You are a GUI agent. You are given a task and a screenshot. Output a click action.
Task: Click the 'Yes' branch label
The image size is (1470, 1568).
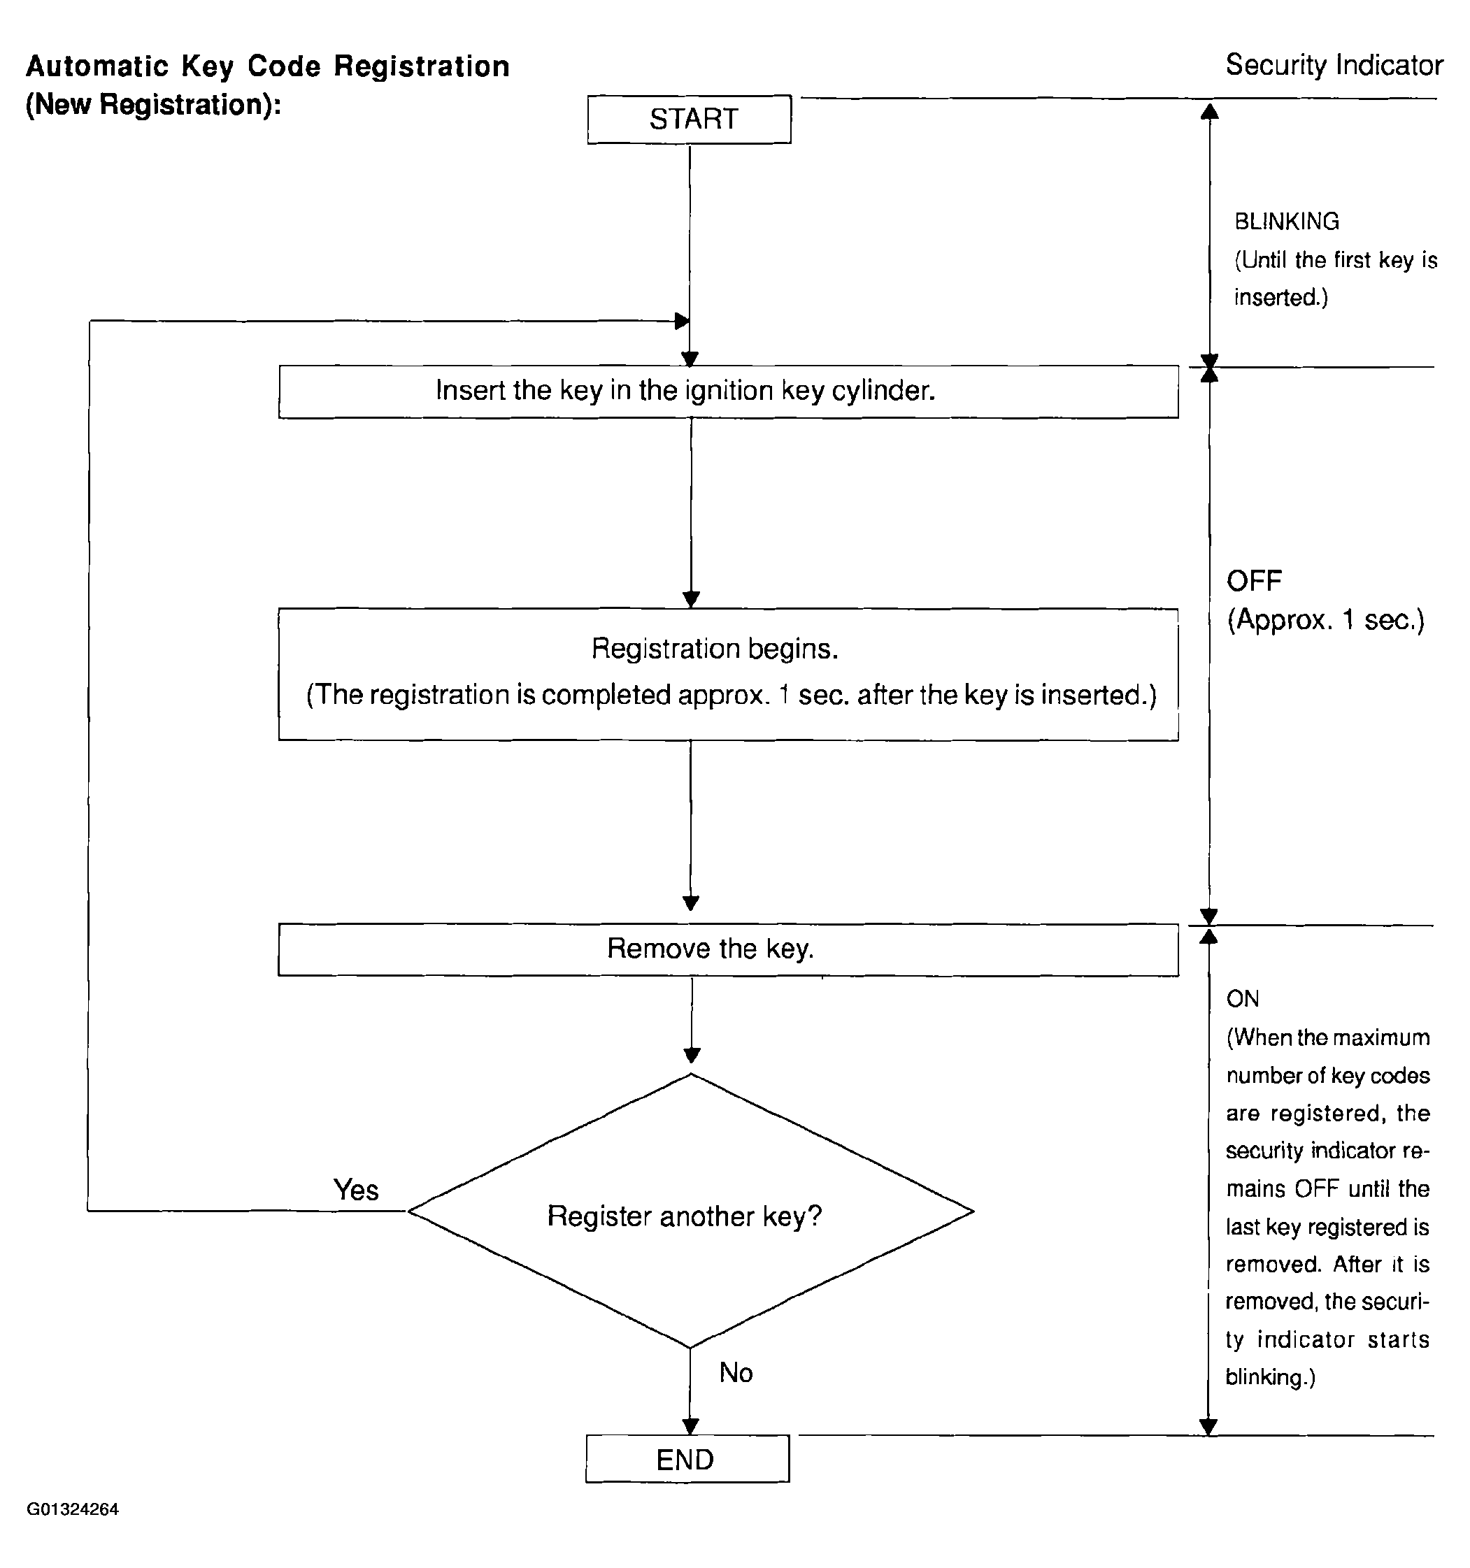pyautogui.click(x=356, y=1189)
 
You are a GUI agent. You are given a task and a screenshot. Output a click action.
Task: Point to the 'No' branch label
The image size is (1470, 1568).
pyautogui.click(x=736, y=1372)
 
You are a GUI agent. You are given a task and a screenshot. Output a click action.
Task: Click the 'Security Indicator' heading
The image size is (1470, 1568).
pyautogui.click(x=1334, y=65)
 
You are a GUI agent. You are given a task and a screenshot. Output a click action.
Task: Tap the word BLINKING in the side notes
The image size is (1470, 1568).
pyautogui.click(x=1287, y=222)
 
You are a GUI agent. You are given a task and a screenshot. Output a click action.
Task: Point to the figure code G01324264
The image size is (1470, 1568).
pyautogui.click(x=73, y=1509)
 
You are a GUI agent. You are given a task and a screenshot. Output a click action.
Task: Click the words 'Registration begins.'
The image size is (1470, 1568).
pyautogui.click(x=714, y=648)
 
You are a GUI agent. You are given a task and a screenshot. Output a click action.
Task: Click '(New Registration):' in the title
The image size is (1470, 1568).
pyautogui.click(x=154, y=105)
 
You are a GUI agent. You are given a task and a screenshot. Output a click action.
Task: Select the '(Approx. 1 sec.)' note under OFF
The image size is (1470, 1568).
pyautogui.click(x=1326, y=620)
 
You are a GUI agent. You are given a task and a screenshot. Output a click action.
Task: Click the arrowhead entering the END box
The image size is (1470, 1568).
pyautogui.click(x=690, y=1426)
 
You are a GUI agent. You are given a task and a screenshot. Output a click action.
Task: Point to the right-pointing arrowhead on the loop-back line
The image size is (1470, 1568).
pyautogui.click(x=683, y=321)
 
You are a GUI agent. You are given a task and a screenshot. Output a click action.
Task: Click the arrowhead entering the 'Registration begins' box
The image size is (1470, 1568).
pyautogui.click(x=691, y=599)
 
